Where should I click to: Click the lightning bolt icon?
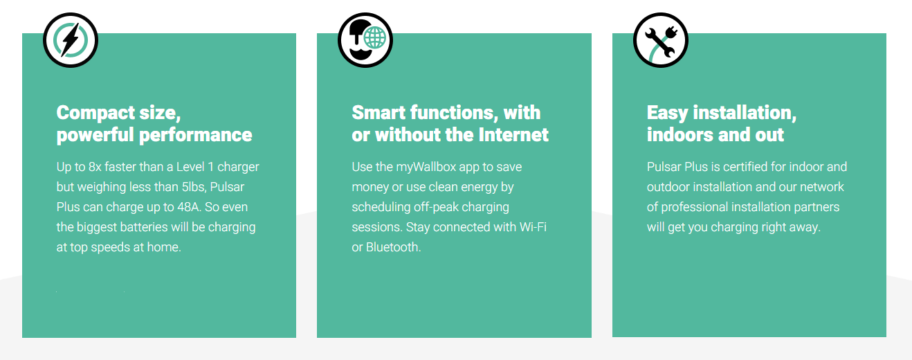(71, 40)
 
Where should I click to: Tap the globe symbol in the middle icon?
(374, 37)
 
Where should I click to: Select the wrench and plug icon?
(660, 40)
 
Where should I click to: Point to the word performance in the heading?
(195, 135)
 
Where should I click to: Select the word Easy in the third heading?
(667, 113)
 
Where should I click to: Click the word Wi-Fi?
(533, 227)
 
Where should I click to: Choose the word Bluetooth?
(393, 246)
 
